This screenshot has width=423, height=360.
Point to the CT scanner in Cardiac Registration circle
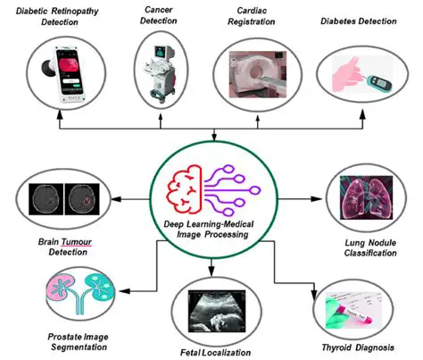(260, 71)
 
